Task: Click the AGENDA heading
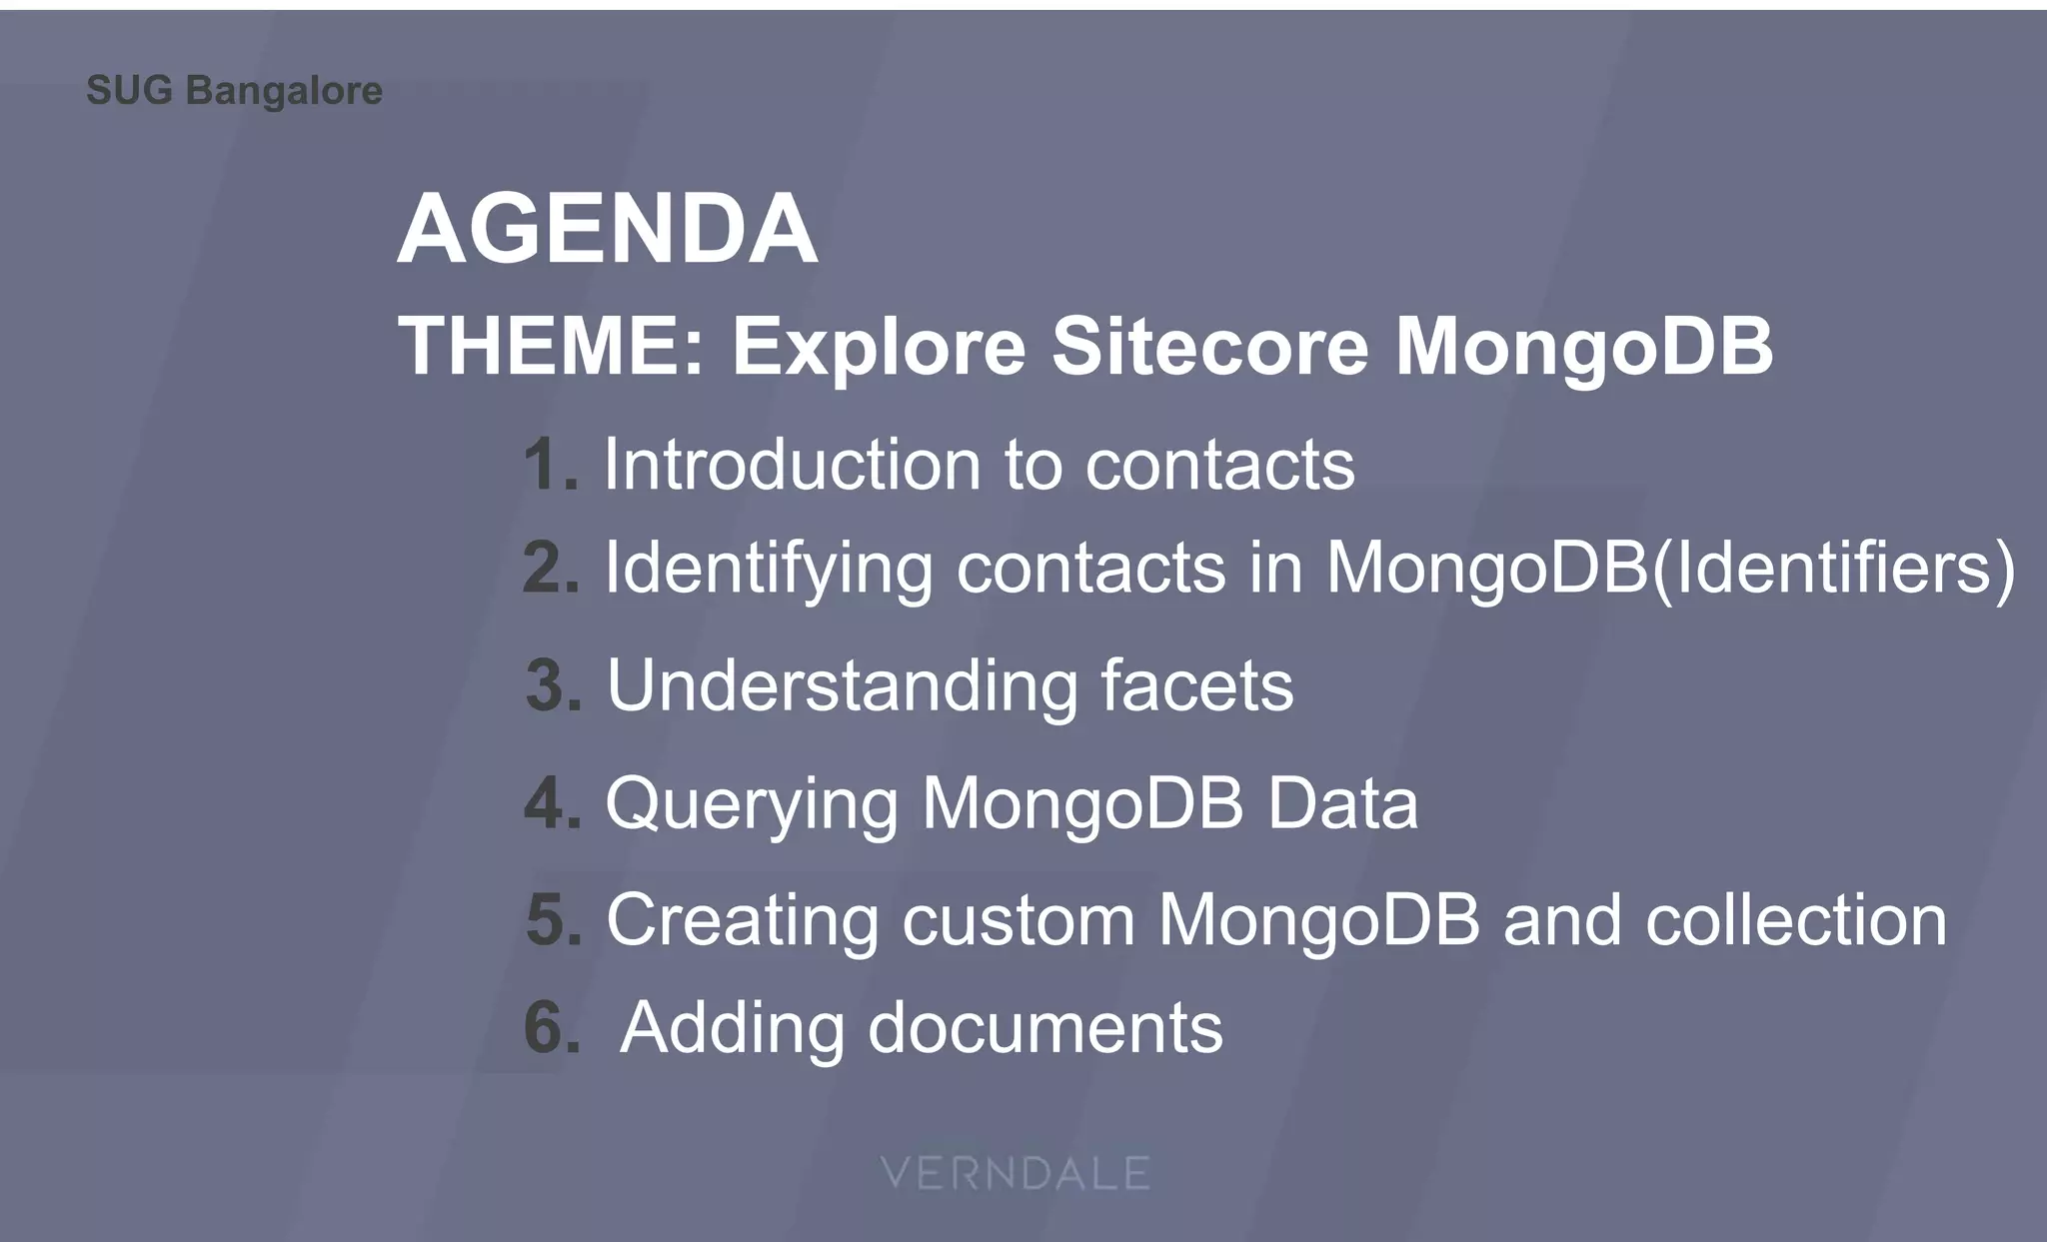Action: (x=608, y=230)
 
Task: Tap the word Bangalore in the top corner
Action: (x=284, y=91)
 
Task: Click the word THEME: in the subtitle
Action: (x=552, y=347)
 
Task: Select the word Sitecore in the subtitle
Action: (x=1209, y=347)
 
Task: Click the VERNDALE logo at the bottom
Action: (x=1016, y=1173)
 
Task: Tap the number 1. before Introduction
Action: (x=551, y=466)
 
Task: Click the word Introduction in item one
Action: (x=792, y=466)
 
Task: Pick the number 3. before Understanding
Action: (x=554, y=686)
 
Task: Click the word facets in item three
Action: (x=1196, y=686)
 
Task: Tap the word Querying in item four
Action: (x=752, y=805)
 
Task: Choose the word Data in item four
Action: (x=1342, y=803)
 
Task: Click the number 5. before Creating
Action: (x=554, y=920)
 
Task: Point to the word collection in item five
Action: (x=1796, y=920)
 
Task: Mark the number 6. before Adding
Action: (x=552, y=1028)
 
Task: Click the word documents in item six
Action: (x=1044, y=1028)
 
